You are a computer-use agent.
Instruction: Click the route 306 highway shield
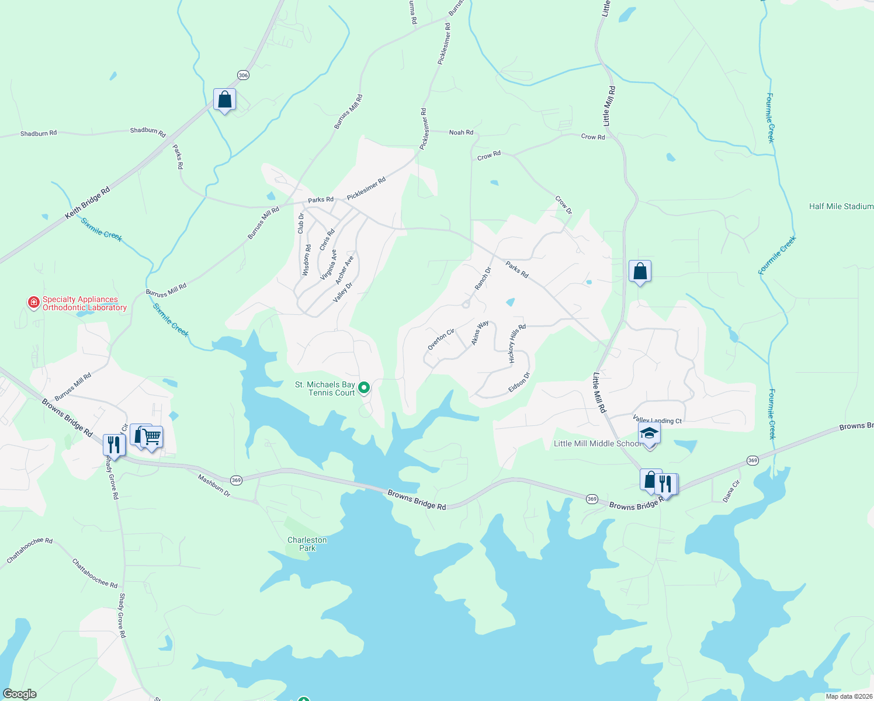click(x=243, y=75)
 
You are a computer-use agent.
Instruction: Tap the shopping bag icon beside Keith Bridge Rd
click(x=224, y=100)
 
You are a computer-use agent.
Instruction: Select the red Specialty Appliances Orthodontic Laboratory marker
click(x=34, y=302)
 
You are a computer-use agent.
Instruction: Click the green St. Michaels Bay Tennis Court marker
click(x=364, y=387)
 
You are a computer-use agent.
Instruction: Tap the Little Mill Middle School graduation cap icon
click(x=649, y=434)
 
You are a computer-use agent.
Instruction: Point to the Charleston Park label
click(x=307, y=544)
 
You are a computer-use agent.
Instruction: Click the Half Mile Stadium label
click(x=841, y=206)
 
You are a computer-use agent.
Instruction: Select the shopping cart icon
click(x=152, y=436)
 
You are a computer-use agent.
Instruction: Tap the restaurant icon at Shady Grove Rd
click(x=114, y=445)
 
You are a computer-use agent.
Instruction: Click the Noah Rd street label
click(x=461, y=133)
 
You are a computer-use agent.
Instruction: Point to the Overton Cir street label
click(x=441, y=339)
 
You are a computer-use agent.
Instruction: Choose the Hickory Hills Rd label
click(x=517, y=343)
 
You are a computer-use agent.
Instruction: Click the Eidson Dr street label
click(x=519, y=383)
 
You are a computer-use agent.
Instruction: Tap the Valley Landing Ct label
click(x=657, y=421)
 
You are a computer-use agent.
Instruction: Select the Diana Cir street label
click(x=731, y=491)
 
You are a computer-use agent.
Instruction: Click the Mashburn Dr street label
click(x=214, y=485)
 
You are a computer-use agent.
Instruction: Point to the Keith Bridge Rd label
click(x=87, y=203)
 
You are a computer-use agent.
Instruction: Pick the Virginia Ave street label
click(x=328, y=265)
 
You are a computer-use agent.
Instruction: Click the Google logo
click(x=20, y=694)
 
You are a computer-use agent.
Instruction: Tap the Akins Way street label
click(x=480, y=332)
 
